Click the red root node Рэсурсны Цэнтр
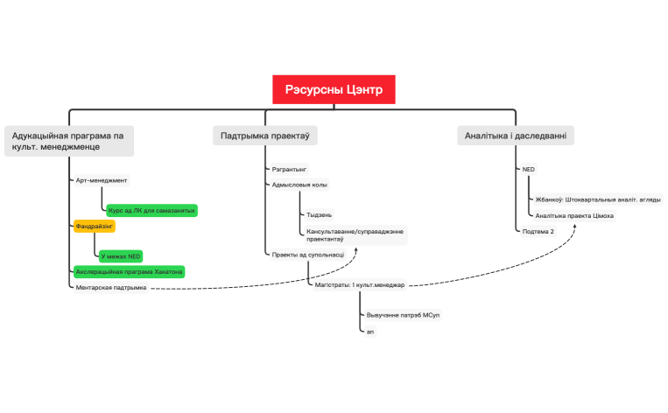point(334,89)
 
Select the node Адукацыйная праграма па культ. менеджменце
point(68,142)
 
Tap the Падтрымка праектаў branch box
point(265,136)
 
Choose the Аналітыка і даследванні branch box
point(516,136)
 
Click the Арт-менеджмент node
point(102,180)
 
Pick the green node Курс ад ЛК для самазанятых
point(151,211)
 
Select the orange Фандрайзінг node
point(95,226)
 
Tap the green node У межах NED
point(120,256)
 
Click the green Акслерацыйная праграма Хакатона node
point(129,271)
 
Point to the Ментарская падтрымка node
point(111,287)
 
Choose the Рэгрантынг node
point(288,168)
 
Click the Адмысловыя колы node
point(299,185)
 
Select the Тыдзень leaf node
point(319,214)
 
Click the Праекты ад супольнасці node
point(307,254)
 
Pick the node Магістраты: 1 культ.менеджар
point(359,284)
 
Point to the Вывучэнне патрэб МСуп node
point(402,313)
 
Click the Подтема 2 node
point(538,231)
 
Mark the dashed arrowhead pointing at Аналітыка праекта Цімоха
point(575,225)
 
